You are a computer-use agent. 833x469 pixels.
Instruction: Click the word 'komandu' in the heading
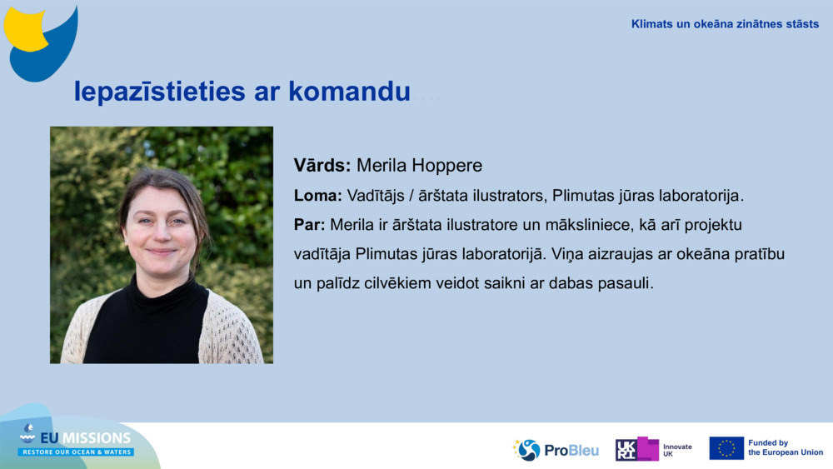350,92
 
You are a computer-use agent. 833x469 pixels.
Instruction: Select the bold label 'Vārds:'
322,165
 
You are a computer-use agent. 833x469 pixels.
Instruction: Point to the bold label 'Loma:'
317,197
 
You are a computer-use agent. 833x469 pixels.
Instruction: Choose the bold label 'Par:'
310,225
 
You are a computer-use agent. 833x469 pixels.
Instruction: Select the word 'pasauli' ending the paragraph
626,282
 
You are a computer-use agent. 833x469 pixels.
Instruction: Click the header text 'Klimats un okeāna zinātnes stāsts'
725,24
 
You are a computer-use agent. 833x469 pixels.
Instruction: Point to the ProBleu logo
556,450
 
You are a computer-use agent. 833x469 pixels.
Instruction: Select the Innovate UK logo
654,450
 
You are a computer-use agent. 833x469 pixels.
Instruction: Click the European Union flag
726,448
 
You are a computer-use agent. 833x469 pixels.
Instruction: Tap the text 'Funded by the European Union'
785,448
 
